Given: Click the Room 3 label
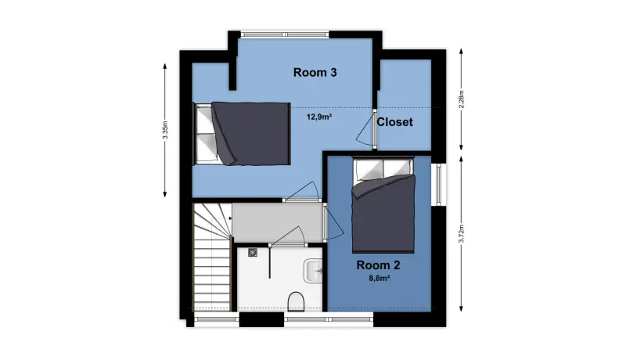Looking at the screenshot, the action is [x=315, y=72].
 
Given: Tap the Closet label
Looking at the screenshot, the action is [x=394, y=122].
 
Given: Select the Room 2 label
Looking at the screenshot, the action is [x=378, y=265].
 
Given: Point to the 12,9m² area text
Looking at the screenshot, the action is [x=319, y=117].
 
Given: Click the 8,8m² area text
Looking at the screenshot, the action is [x=379, y=279].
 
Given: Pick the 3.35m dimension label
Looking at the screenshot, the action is [x=165, y=130].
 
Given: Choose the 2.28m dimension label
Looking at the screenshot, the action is [x=461, y=99].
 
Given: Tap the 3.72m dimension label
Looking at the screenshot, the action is [x=461, y=233].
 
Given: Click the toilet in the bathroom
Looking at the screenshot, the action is [x=296, y=301].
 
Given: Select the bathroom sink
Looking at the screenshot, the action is [x=313, y=271].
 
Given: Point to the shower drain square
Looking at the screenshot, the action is [x=253, y=252].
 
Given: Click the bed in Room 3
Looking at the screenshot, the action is [x=241, y=133].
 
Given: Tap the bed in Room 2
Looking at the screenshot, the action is [x=383, y=205].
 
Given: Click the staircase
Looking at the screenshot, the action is [x=212, y=257].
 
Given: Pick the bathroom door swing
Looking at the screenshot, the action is [x=288, y=236].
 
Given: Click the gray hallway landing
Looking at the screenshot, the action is [x=278, y=223].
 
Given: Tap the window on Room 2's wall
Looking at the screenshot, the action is [x=438, y=184].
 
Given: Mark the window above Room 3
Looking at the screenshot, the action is [x=284, y=34].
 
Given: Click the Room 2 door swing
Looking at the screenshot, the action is [x=334, y=221].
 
